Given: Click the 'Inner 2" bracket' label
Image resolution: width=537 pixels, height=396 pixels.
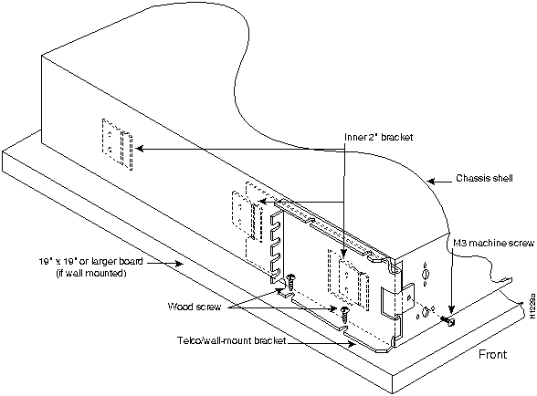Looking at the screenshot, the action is (378, 137).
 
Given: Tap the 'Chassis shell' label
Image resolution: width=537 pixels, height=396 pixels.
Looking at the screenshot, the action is (484, 178).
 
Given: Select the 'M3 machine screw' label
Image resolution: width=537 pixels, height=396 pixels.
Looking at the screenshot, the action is (493, 244).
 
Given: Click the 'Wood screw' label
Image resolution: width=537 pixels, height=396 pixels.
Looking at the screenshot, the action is (195, 307).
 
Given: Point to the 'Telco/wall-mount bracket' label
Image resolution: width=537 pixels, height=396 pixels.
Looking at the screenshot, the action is (232, 341).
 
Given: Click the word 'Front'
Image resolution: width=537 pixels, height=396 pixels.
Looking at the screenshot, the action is (492, 354).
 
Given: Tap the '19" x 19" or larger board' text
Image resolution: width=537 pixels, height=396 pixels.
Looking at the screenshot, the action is (90, 262).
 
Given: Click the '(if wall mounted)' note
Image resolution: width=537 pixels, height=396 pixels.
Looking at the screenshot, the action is (91, 274).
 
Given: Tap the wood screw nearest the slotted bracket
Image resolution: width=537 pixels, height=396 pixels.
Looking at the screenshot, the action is (291, 281).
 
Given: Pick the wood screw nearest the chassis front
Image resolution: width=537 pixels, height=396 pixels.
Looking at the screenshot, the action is (344, 314).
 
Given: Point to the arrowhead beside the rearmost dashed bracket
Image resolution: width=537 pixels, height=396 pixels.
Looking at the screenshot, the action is (140, 149).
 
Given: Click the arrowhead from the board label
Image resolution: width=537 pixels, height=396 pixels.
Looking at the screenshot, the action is (178, 263).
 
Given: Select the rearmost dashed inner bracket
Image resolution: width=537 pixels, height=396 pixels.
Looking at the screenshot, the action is (117, 144).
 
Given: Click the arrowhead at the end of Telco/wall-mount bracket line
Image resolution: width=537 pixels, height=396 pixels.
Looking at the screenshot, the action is (352, 344).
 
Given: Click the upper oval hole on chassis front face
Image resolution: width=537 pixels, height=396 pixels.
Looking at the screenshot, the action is (426, 274).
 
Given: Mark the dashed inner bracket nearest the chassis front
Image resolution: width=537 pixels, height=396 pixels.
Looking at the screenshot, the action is (349, 281).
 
